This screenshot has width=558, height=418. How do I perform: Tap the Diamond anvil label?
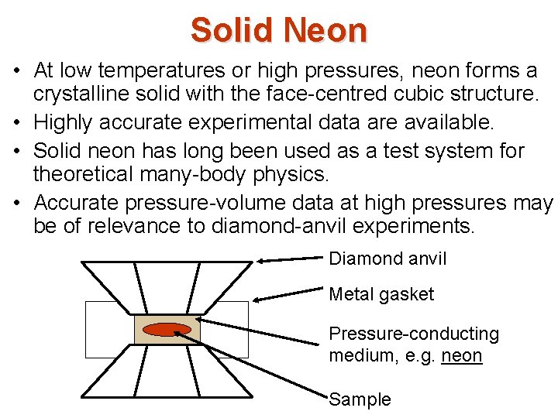(387, 259)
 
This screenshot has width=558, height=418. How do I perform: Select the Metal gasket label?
(381, 294)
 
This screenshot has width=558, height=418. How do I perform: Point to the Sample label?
(360, 399)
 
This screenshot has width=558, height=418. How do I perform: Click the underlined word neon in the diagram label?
(463, 356)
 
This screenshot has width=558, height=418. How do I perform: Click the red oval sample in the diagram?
(167, 329)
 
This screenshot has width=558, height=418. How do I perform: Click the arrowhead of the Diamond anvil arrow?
(261, 262)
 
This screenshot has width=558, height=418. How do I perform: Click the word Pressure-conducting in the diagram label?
(414, 334)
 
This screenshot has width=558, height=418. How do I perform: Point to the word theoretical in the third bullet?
(86, 175)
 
